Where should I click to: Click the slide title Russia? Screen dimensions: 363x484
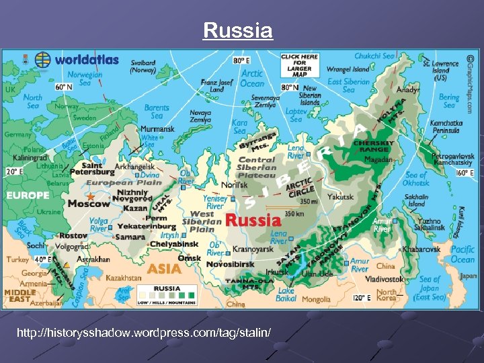point(238,31)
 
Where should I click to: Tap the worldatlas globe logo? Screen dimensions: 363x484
point(43,59)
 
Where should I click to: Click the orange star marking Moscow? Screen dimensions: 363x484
point(91,196)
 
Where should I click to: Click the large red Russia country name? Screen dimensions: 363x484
point(253,219)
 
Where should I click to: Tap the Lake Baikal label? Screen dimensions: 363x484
point(286,294)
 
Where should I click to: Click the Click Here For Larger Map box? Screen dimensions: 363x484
point(300,67)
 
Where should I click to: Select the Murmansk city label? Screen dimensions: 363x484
point(157,128)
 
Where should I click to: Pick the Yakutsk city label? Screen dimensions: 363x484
point(340,198)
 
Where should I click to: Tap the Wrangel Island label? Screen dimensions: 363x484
point(347,69)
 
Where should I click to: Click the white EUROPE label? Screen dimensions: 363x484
point(28,196)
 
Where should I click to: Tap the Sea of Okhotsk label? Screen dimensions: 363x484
point(417,179)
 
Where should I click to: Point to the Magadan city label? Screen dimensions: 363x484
point(379,160)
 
